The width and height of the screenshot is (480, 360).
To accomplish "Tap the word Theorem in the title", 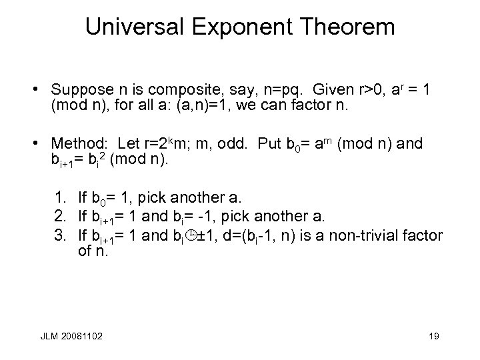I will (351, 27).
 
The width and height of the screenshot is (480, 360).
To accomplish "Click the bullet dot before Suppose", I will (41, 89).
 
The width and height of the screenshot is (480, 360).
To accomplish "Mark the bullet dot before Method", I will (41, 143).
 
